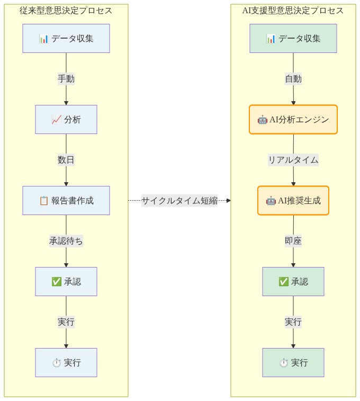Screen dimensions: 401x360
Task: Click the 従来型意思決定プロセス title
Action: click(x=66, y=11)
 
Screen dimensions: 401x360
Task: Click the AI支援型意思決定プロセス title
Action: click(x=293, y=11)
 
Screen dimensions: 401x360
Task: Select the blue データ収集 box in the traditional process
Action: click(x=66, y=38)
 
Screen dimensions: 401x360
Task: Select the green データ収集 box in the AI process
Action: click(x=293, y=38)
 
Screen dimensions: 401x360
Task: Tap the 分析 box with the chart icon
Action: click(x=66, y=119)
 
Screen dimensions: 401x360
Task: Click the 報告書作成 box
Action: click(x=66, y=200)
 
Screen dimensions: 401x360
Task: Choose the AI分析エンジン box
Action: click(x=293, y=119)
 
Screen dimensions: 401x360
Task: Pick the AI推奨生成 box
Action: click(x=293, y=200)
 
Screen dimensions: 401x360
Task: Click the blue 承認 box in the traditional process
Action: click(x=66, y=281)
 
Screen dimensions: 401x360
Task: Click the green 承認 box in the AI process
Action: click(x=293, y=281)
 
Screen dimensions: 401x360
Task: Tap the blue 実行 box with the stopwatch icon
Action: click(x=66, y=362)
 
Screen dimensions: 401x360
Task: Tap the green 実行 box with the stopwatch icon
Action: click(x=293, y=362)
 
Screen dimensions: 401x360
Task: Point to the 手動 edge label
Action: click(x=66, y=79)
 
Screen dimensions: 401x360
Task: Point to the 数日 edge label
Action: click(x=66, y=160)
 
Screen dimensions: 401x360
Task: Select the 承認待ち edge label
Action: click(x=66, y=241)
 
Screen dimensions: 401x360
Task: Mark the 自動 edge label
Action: click(x=293, y=79)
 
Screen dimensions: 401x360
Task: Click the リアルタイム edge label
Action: click(x=293, y=160)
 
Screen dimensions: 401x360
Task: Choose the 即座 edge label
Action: click(x=293, y=241)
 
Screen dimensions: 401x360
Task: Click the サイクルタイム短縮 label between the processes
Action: click(x=179, y=201)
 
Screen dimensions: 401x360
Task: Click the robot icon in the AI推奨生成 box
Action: click(x=271, y=201)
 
